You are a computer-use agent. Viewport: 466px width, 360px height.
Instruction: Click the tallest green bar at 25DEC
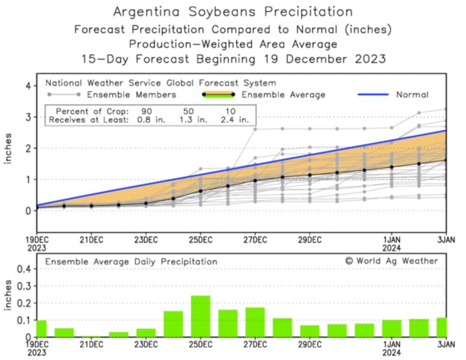click(201, 316)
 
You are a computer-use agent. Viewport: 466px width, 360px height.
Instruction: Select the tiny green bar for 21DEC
click(91, 336)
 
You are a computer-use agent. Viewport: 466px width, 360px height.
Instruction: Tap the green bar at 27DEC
click(255, 322)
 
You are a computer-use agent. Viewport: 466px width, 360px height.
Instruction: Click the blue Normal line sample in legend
click(373, 94)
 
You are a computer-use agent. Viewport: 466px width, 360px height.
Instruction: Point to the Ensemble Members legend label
click(131, 95)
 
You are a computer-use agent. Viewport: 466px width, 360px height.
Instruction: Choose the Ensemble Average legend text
click(283, 95)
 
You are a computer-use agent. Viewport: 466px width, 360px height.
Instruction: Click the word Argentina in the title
click(146, 12)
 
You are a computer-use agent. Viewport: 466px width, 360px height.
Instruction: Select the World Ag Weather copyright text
click(392, 261)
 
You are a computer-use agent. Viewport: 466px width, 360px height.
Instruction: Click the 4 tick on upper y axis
click(29, 86)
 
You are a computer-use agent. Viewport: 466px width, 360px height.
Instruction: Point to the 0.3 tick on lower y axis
click(25, 286)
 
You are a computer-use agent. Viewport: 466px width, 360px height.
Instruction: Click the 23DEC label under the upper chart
click(146, 240)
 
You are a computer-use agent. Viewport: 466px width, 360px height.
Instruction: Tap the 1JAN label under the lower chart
click(392, 344)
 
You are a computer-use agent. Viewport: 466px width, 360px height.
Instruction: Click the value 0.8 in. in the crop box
click(151, 120)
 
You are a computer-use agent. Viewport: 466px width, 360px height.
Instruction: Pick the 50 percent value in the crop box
click(188, 111)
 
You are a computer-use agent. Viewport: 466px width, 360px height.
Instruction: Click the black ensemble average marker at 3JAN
click(446, 160)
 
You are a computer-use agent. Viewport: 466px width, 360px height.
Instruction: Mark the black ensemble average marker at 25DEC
click(201, 191)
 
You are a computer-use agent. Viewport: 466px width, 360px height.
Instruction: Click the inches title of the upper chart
click(8, 149)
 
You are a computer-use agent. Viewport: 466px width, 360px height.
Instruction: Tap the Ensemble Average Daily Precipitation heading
click(131, 261)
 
